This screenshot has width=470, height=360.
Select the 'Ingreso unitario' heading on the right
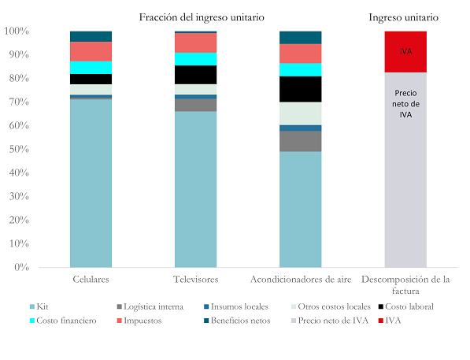(x=405, y=17)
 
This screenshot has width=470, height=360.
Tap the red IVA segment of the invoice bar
(x=405, y=51)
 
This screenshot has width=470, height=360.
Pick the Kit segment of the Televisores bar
(x=195, y=189)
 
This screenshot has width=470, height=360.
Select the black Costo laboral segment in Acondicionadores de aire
(x=301, y=89)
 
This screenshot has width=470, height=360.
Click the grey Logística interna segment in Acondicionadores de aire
(x=301, y=141)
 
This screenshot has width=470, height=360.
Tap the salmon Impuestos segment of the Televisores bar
(x=195, y=43)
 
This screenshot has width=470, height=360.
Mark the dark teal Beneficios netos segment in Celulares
(x=91, y=36)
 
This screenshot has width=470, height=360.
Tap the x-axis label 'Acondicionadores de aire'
(x=301, y=280)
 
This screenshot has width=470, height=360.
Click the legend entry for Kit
(x=65, y=306)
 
